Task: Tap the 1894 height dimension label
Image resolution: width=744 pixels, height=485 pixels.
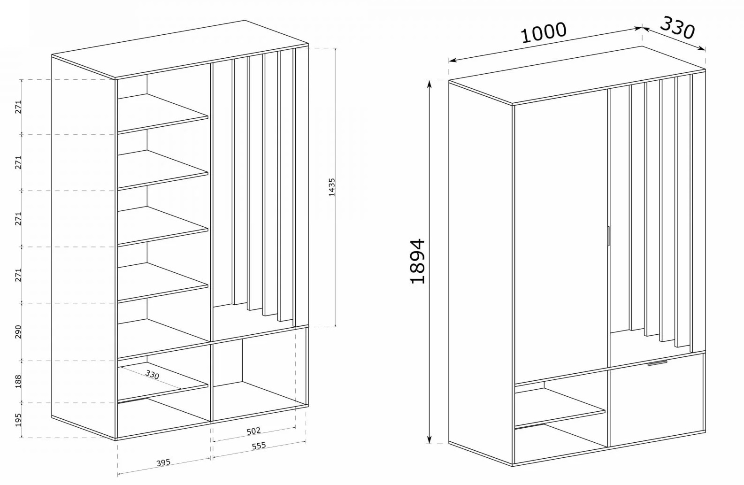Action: click(x=417, y=261)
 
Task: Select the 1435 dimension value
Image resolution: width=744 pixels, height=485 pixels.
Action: click(x=332, y=187)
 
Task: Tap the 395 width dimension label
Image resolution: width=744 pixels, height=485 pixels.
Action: click(x=163, y=462)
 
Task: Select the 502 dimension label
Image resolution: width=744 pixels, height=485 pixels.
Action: click(x=253, y=431)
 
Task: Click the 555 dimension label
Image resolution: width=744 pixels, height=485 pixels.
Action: click(x=259, y=446)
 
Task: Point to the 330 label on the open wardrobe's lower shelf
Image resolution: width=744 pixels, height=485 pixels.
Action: click(x=152, y=375)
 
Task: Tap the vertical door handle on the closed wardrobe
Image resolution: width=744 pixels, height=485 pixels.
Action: click(x=607, y=236)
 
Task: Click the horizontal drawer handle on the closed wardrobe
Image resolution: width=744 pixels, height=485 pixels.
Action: click(x=657, y=363)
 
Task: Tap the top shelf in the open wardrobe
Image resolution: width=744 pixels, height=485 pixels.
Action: click(x=162, y=113)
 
